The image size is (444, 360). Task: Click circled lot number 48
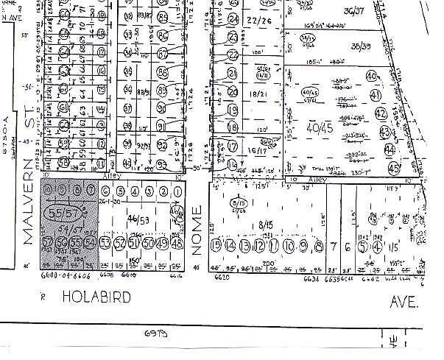click(177, 244)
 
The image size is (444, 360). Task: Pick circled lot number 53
click(105, 244)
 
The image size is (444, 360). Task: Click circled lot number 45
click(414, 169)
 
